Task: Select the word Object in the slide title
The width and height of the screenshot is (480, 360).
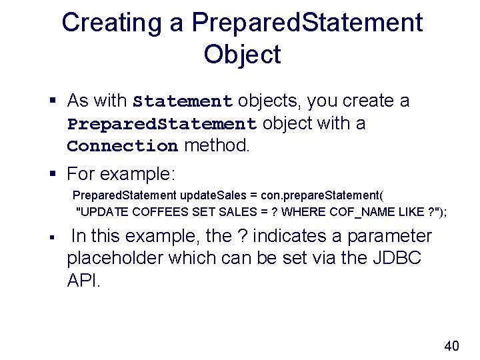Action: (x=243, y=55)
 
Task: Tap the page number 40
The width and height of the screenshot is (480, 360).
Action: (x=451, y=346)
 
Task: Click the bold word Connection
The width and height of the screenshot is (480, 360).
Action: (x=122, y=146)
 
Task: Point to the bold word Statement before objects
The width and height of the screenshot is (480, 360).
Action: (x=182, y=102)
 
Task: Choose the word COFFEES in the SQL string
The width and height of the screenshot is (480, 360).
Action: (x=153, y=212)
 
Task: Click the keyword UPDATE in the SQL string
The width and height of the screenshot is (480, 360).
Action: (x=103, y=212)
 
